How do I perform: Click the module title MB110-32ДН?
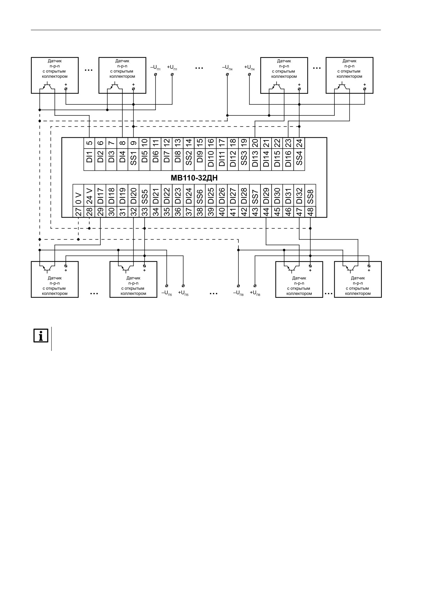(194, 178)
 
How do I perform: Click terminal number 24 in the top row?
(299, 143)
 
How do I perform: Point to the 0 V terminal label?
(78, 195)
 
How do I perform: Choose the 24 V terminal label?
(89, 195)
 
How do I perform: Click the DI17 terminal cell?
(100, 195)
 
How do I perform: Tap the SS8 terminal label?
(310, 195)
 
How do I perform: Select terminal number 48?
(310, 212)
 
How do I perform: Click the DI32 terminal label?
(299, 195)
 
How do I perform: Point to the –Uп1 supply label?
(156, 67)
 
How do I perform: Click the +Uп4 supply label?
(249, 67)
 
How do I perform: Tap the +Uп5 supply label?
(183, 293)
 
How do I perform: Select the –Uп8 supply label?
(238, 293)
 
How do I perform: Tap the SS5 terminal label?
(145, 195)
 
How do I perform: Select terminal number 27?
(78, 212)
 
